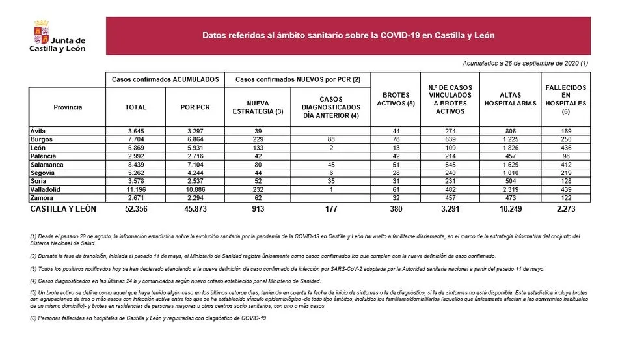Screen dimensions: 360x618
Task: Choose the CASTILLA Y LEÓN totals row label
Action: point(63,209)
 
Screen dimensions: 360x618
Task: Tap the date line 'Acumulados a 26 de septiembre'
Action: point(526,63)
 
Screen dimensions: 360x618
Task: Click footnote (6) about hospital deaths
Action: point(148,318)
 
